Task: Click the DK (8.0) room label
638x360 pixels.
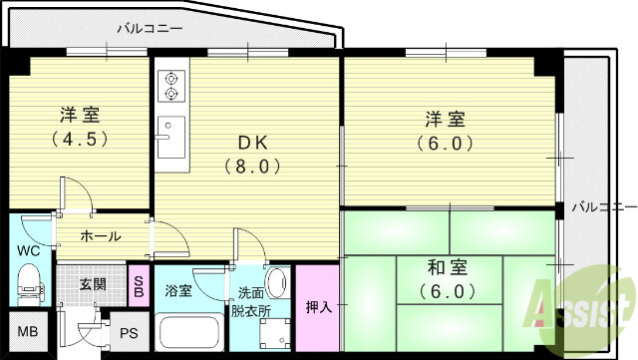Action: [x=246, y=155]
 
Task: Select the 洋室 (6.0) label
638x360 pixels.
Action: [x=442, y=131]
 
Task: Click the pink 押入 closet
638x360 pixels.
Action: [x=318, y=305]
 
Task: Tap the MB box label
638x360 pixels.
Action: [x=25, y=333]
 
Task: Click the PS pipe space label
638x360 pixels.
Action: [x=129, y=334]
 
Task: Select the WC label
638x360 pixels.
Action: [x=27, y=250]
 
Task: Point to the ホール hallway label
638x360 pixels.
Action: [x=101, y=236]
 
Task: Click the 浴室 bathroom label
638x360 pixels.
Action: [x=180, y=291]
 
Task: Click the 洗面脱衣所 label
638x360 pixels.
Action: [x=254, y=301]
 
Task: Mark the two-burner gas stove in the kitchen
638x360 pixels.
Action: [x=170, y=86]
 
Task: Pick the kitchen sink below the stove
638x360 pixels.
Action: [x=170, y=137]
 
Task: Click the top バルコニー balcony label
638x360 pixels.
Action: [x=149, y=29]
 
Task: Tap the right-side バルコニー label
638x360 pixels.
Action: [x=604, y=207]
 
